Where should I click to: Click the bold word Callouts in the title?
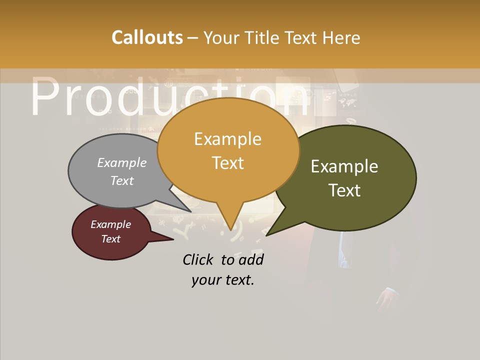(x=147, y=37)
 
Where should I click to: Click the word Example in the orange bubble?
(x=228, y=138)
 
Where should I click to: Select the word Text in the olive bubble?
(x=344, y=190)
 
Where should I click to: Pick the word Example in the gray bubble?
(x=122, y=162)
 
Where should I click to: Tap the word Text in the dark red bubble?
(x=111, y=239)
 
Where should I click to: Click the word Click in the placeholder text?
(x=199, y=259)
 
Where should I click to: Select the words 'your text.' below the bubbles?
(x=223, y=280)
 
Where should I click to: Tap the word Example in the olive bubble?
(x=344, y=166)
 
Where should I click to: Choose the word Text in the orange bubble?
(x=228, y=163)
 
